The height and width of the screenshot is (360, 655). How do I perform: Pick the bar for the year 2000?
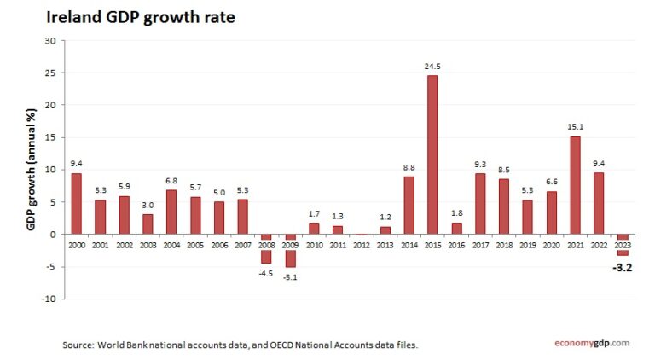[x=77, y=203]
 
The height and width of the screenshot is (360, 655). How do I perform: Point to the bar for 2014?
[x=409, y=205]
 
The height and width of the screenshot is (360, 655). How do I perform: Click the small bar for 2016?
[x=456, y=228]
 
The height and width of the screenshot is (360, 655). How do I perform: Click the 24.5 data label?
[x=432, y=66]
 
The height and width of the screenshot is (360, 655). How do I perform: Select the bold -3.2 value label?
[x=623, y=267]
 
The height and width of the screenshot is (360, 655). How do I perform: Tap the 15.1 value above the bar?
[x=576, y=127]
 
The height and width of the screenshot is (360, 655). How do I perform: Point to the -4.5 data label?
[x=267, y=273]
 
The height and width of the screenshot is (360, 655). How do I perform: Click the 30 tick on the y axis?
[x=50, y=40]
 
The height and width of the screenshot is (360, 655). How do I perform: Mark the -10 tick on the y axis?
[x=49, y=299]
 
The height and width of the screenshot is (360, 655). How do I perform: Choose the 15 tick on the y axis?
[x=50, y=137]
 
